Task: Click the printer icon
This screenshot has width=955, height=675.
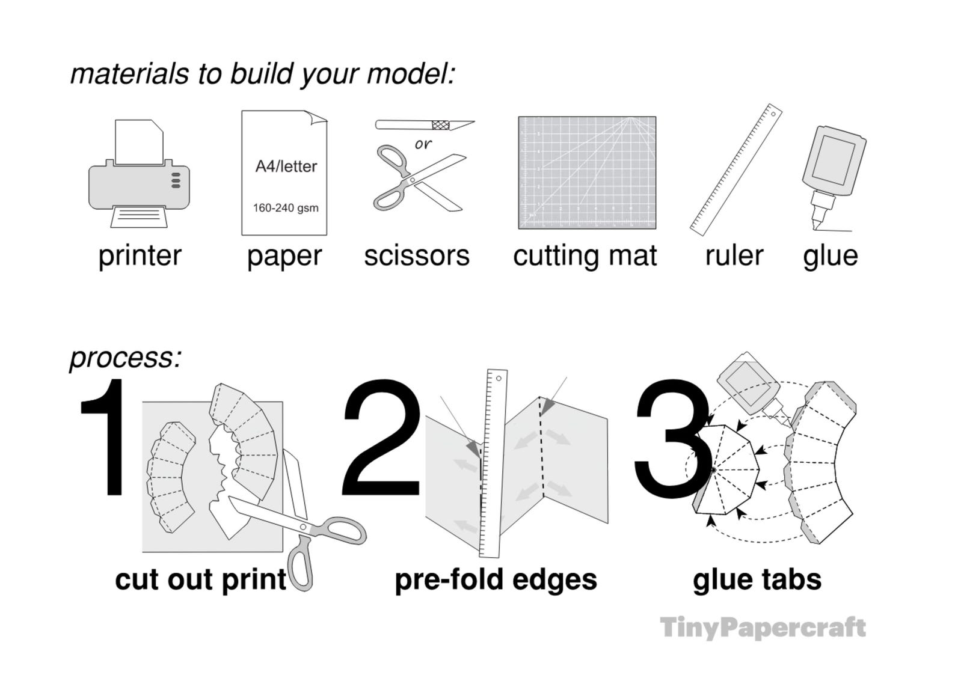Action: coord(139,174)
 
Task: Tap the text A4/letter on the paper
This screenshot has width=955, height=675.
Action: coord(286,166)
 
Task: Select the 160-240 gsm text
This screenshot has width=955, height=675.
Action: coord(286,208)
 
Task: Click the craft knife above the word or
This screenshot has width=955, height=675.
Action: coord(425,124)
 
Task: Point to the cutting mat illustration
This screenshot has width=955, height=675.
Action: coord(587,173)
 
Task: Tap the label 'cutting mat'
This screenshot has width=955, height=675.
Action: coord(585,256)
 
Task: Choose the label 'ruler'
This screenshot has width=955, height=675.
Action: coord(734,256)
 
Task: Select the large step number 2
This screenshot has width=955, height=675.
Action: coord(381,437)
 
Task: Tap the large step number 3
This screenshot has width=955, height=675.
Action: coord(673,437)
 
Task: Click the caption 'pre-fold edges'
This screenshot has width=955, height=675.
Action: coord(496,581)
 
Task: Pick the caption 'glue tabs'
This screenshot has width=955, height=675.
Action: coord(757,581)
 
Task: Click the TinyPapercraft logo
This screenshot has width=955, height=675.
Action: coord(763,628)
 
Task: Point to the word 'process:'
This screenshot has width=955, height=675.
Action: coord(126,358)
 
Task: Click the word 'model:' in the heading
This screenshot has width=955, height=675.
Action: coord(411,73)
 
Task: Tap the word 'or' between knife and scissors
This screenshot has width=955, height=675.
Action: coord(423,144)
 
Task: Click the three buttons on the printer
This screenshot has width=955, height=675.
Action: coord(176,180)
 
